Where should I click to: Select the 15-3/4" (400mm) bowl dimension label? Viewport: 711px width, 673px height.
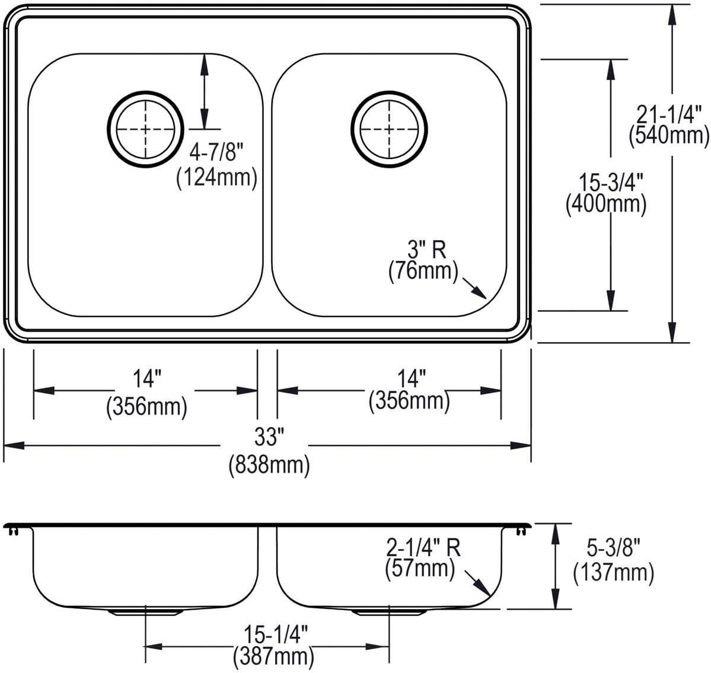tap(606, 194)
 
